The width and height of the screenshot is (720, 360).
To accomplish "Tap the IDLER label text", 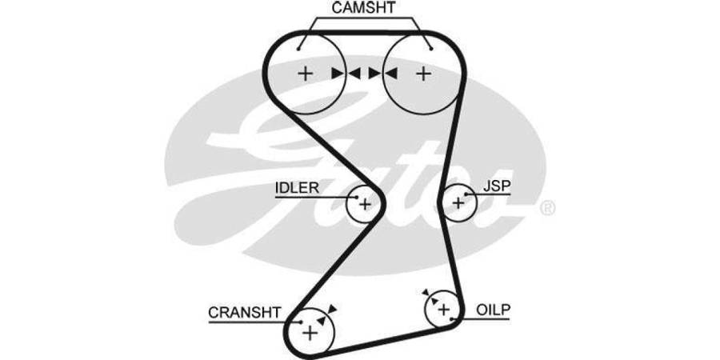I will click(x=297, y=188).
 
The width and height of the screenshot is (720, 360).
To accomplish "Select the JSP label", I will click(x=497, y=186).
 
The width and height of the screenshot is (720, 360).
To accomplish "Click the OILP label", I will click(x=494, y=309).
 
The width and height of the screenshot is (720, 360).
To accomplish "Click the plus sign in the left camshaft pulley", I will click(x=305, y=74).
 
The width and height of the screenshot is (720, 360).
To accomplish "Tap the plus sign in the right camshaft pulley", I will click(x=422, y=74).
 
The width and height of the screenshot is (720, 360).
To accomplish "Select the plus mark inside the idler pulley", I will click(x=365, y=204).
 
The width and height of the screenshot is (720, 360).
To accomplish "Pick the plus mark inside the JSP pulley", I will click(x=458, y=203).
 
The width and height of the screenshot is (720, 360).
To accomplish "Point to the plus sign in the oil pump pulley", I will click(x=442, y=309).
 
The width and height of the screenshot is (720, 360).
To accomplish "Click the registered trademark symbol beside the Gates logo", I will click(x=547, y=209).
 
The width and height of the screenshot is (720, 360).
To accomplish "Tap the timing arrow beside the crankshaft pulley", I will click(x=332, y=308).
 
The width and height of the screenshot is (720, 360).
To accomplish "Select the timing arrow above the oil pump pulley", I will click(x=426, y=294).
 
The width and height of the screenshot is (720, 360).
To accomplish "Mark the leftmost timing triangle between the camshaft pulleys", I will click(x=337, y=74).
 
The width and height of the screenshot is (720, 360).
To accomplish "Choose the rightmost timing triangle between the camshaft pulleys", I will click(x=390, y=74).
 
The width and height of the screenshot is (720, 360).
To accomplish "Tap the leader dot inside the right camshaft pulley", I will click(x=431, y=47).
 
